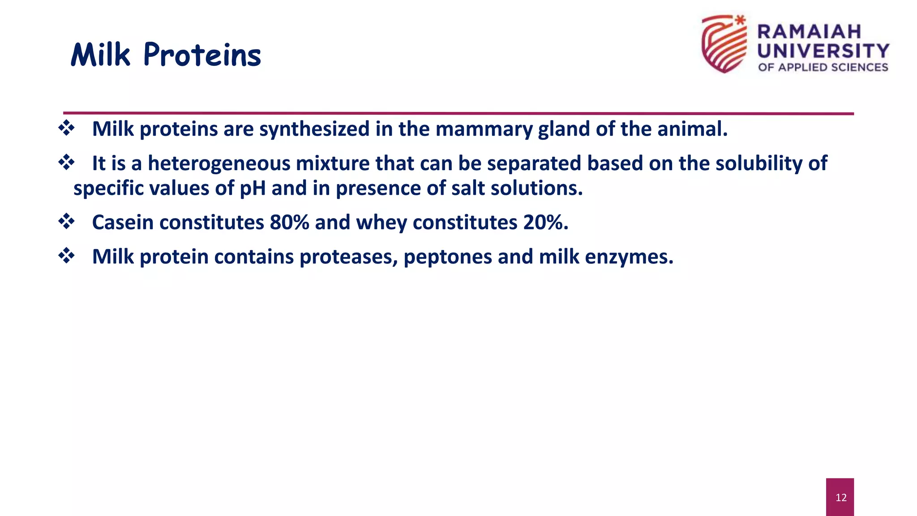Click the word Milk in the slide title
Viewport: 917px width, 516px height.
tap(101, 56)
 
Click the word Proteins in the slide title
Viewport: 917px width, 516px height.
tap(202, 56)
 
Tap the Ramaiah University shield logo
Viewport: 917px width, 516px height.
tap(724, 44)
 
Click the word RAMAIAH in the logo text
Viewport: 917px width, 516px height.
tap(809, 32)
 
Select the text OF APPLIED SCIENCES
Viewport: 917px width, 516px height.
tap(823, 67)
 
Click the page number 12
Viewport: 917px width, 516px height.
tap(840, 497)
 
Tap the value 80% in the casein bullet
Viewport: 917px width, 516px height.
tap(289, 223)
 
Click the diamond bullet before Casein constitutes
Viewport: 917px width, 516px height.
tap(67, 221)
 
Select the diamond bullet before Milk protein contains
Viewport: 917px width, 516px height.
tap(67, 256)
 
